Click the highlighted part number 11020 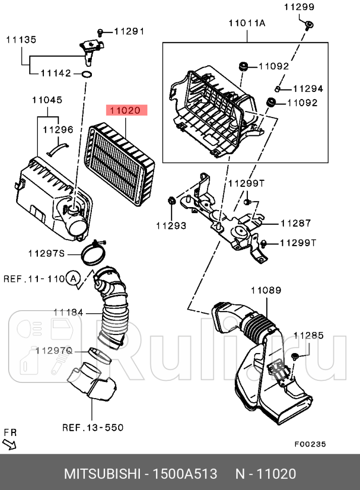[x=126, y=110]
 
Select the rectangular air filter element [x=121, y=164]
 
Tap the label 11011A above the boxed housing [x=247, y=23]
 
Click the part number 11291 [x=129, y=31]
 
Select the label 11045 [x=47, y=100]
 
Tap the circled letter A [x=74, y=278]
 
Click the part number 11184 [x=68, y=313]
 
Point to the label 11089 [x=266, y=290]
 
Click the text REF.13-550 [x=93, y=427]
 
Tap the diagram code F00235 [x=310, y=444]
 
